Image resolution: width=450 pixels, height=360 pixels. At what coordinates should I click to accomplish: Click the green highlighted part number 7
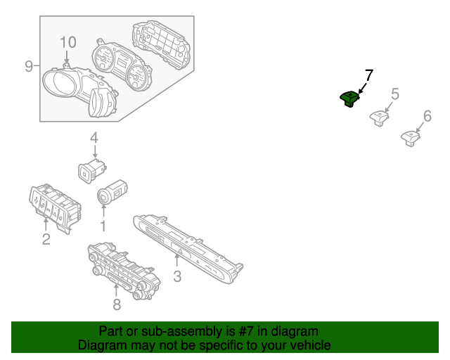(349, 99)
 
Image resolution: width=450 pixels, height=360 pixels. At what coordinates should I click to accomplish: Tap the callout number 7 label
(368, 75)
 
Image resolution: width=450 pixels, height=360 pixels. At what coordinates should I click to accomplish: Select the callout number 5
(394, 94)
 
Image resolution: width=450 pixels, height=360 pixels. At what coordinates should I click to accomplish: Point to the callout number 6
(427, 116)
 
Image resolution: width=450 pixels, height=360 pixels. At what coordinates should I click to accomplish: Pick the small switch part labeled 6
(409, 136)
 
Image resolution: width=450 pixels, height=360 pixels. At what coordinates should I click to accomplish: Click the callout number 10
(67, 42)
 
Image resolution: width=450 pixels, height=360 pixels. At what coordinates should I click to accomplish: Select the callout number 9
(29, 66)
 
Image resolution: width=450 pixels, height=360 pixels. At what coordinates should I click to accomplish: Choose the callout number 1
(103, 226)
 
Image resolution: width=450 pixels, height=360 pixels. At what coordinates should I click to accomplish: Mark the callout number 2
(46, 240)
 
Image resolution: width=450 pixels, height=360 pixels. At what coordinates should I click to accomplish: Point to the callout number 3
(177, 276)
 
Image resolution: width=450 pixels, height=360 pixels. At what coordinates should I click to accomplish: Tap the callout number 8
(117, 304)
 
